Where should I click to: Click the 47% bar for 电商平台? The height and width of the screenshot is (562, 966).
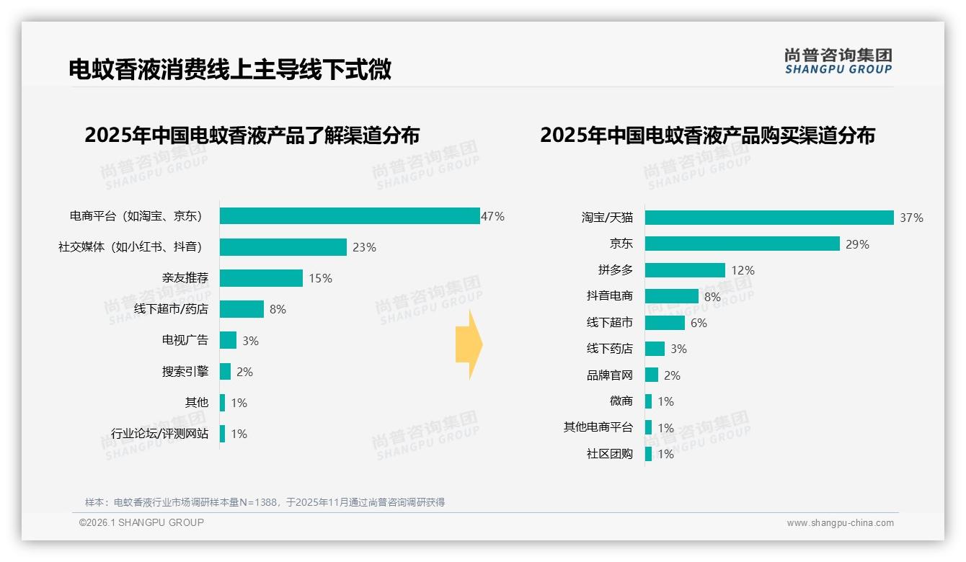(x=350, y=216)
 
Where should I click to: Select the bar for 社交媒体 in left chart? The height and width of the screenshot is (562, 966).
(x=283, y=247)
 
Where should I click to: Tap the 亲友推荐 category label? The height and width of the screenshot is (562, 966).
(x=185, y=278)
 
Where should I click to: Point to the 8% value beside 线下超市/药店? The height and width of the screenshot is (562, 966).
(x=278, y=309)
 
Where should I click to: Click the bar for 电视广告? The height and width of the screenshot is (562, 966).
(x=228, y=340)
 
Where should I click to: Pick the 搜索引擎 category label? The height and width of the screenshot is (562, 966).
(x=185, y=372)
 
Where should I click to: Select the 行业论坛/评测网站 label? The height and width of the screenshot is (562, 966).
(x=160, y=434)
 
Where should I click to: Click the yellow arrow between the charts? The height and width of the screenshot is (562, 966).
(x=469, y=344)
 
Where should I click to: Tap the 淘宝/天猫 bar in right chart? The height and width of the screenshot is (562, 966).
(x=769, y=218)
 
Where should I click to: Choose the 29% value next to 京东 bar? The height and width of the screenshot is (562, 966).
(x=858, y=244)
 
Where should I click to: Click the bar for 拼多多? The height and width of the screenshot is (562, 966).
(x=685, y=270)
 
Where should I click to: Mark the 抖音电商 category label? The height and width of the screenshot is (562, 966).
(x=610, y=296)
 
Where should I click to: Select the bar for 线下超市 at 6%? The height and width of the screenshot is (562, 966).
(x=665, y=323)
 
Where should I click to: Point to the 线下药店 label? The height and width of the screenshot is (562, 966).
(x=610, y=349)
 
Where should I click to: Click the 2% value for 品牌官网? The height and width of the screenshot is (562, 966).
(x=672, y=375)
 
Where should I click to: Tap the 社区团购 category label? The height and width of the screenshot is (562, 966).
(x=610, y=454)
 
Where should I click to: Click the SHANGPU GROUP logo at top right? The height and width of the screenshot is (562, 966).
(x=838, y=61)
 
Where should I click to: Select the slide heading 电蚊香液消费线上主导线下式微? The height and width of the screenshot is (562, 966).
(x=230, y=69)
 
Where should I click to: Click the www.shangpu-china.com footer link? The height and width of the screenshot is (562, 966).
(x=840, y=523)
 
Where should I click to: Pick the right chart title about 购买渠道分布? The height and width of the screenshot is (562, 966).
(x=707, y=135)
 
